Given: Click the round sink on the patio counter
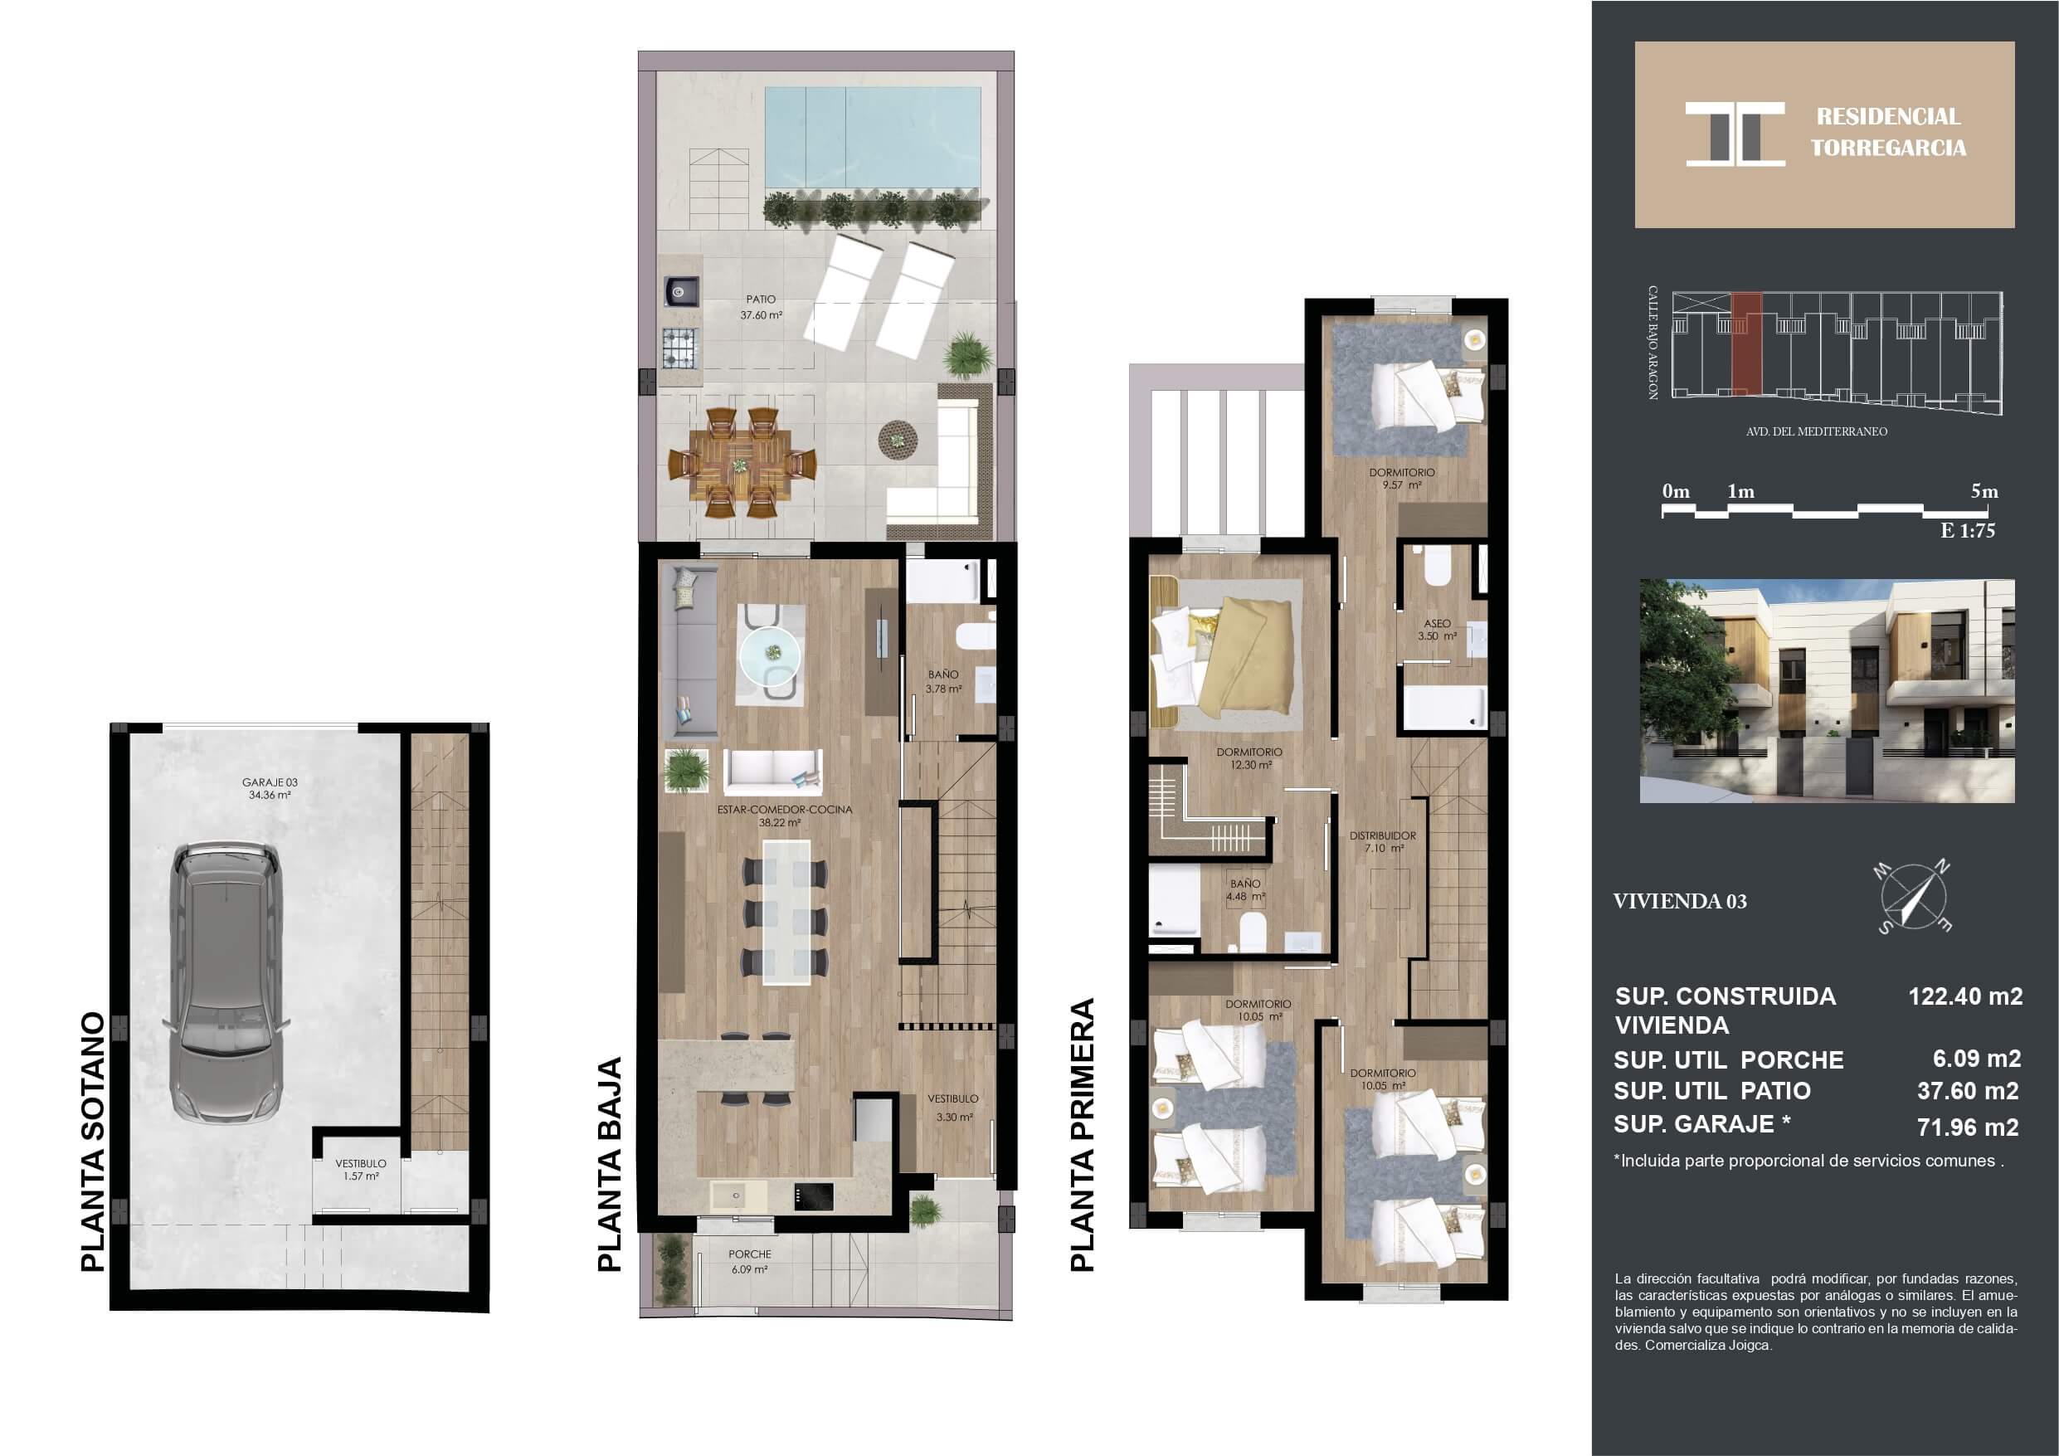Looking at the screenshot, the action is click(678, 291).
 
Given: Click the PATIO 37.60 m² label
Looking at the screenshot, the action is click(761, 307).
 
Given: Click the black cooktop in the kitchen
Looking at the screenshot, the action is click(813, 1196).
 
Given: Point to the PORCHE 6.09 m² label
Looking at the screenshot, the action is click(749, 1261).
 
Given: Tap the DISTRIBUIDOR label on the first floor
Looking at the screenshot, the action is click(1383, 835).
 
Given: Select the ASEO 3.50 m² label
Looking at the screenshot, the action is click(1437, 630).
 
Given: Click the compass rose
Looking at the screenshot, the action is click(1913, 897).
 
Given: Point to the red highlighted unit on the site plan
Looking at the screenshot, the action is click(1746, 343).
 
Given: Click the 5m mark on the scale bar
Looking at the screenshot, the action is click(1984, 492).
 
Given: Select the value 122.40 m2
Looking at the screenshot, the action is click(1964, 996).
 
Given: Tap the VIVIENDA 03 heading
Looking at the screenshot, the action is click(1680, 902).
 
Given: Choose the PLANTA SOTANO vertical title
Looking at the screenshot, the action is click(93, 1142).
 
